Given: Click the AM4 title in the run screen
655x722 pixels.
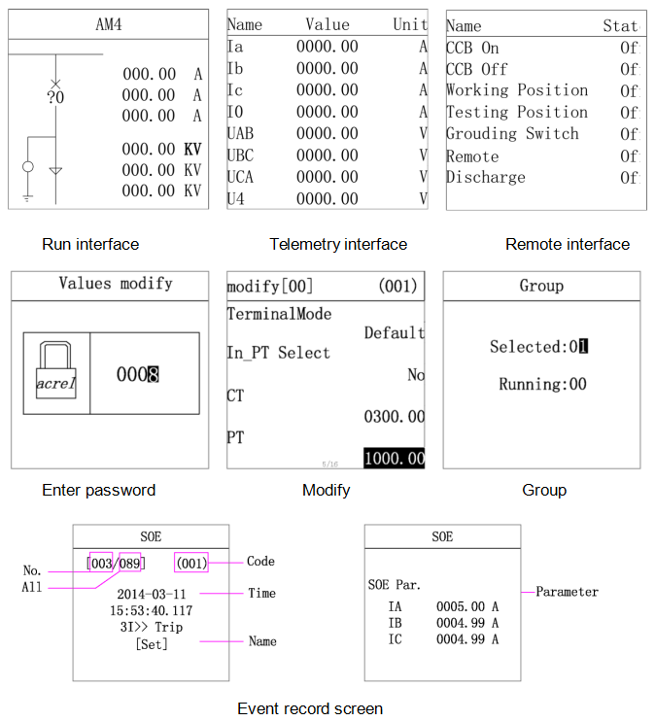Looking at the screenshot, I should click(109, 24).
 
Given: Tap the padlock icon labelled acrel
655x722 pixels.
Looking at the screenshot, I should click(55, 373).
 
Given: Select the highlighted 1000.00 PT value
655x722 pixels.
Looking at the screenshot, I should click(395, 458).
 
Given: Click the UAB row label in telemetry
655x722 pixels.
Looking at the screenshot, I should click(240, 133).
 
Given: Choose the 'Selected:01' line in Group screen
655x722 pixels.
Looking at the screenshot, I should click(539, 347).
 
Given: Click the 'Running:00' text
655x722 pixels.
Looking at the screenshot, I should click(542, 384).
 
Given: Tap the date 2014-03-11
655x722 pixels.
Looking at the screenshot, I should click(151, 594).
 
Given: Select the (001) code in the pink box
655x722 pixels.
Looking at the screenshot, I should click(191, 563).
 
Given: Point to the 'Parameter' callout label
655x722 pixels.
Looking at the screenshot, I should click(567, 592).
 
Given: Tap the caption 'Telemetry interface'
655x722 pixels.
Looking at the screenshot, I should click(338, 244).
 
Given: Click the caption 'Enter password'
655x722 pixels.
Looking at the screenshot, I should click(98, 490).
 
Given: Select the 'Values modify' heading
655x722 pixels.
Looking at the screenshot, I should click(116, 284).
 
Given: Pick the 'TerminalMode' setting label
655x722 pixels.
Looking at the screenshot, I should click(279, 314).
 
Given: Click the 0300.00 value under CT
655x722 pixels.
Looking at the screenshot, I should click(394, 417).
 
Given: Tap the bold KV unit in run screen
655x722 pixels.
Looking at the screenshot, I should click(192, 150).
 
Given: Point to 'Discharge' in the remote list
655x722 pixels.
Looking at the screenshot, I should click(486, 178).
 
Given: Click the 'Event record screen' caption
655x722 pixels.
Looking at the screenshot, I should click(310, 708).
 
